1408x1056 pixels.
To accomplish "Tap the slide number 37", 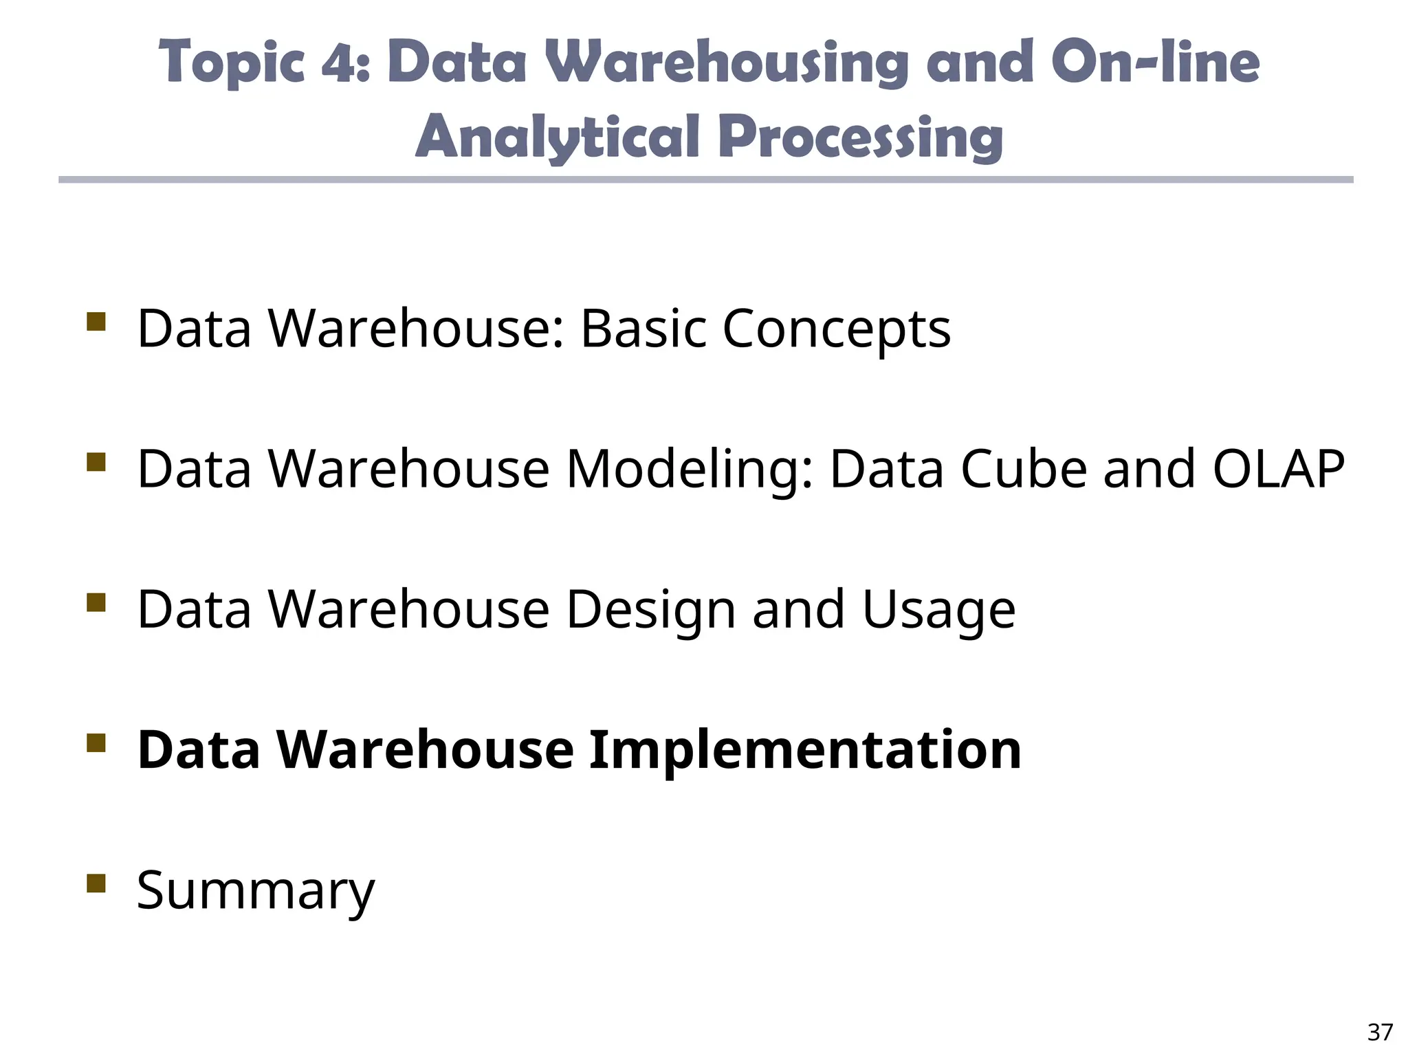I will pos(1380,1032).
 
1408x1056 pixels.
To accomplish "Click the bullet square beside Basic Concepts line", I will pos(96,322).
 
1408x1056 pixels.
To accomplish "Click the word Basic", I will pos(643,329).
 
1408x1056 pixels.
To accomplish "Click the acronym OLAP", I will pos(1278,469).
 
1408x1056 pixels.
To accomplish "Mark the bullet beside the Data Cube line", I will pos(96,462).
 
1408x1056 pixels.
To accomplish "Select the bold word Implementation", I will pos(805,750).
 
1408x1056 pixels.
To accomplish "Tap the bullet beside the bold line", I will pos(96,743).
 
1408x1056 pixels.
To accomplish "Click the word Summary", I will pos(256,891).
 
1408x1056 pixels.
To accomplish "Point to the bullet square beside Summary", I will pos(96,883).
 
